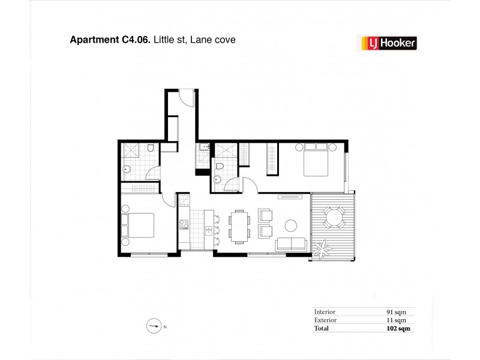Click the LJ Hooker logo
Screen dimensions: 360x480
388,42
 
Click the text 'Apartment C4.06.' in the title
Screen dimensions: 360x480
110,40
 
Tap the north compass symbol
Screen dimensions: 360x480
154,327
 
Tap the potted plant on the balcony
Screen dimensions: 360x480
323,245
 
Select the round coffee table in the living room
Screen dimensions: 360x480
291,226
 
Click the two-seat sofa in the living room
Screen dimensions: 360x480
290,244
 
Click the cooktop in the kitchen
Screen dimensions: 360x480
184,226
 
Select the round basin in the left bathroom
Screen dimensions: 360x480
127,169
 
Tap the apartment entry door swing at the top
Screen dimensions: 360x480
187,97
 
